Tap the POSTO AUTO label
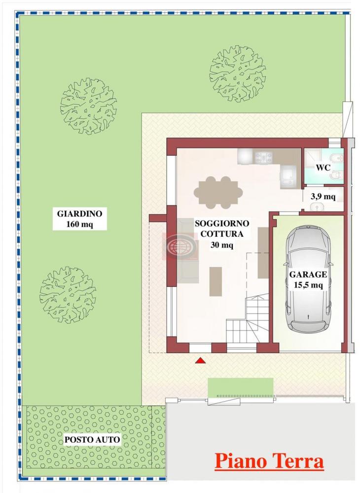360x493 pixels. coord(92,439)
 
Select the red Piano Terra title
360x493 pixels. coord(269,462)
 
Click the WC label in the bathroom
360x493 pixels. coord(323,167)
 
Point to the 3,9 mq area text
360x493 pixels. coord(323,197)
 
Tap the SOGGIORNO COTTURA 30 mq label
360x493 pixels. coord(222,234)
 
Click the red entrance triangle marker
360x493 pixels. coord(200,361)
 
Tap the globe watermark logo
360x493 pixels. coord(179,245)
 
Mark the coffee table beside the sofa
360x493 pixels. coord(216,281)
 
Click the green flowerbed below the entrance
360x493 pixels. coord(240,387)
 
